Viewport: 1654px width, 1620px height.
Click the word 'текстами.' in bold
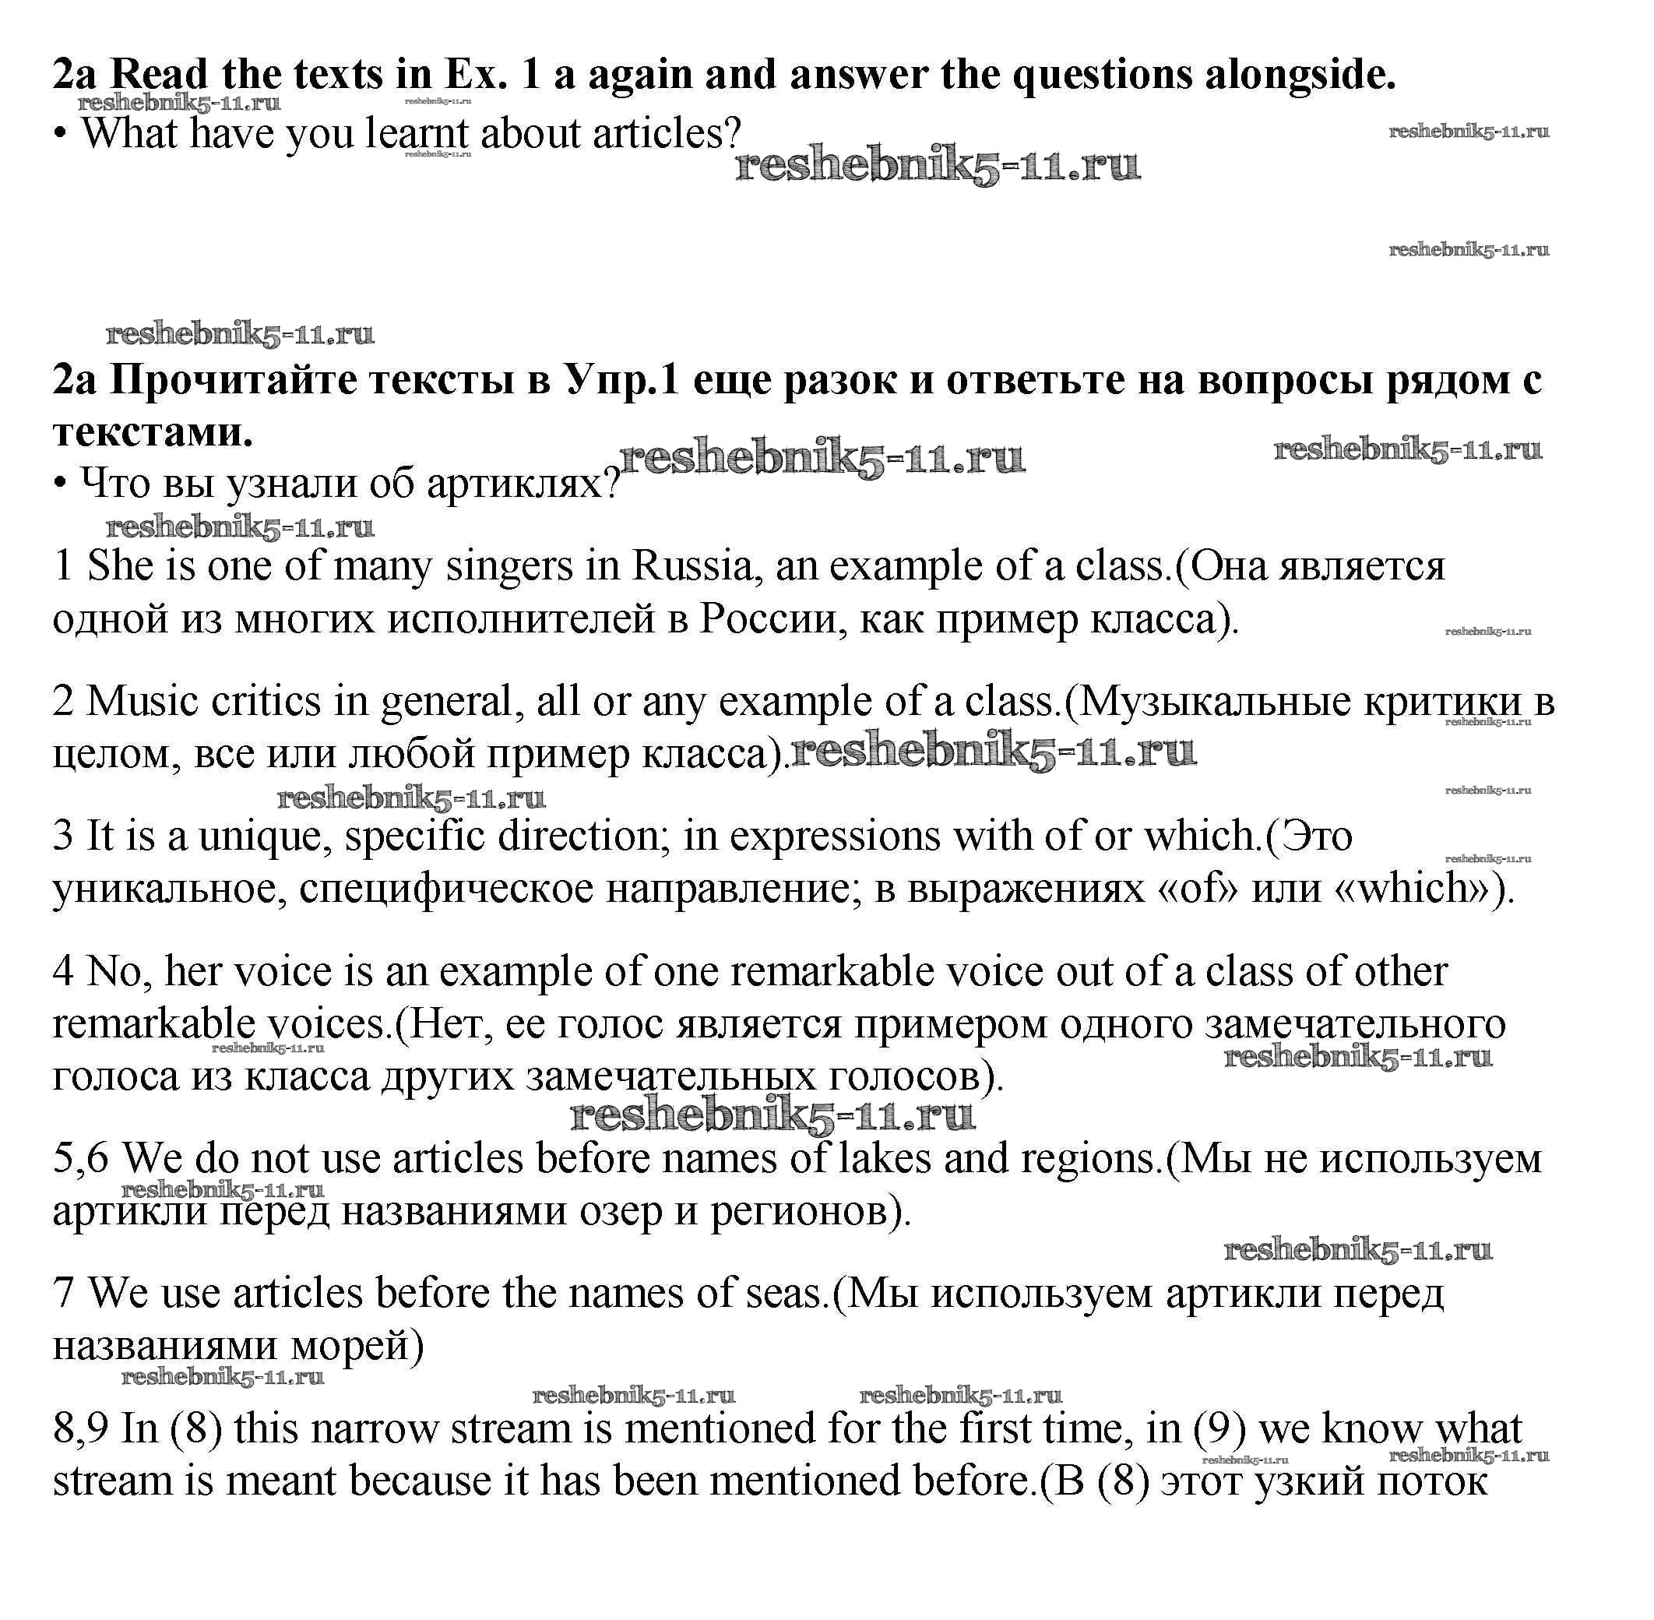click(153, 432)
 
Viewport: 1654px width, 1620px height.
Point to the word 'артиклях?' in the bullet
click(523, 484)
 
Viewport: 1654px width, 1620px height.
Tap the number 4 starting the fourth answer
click(64, 972)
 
